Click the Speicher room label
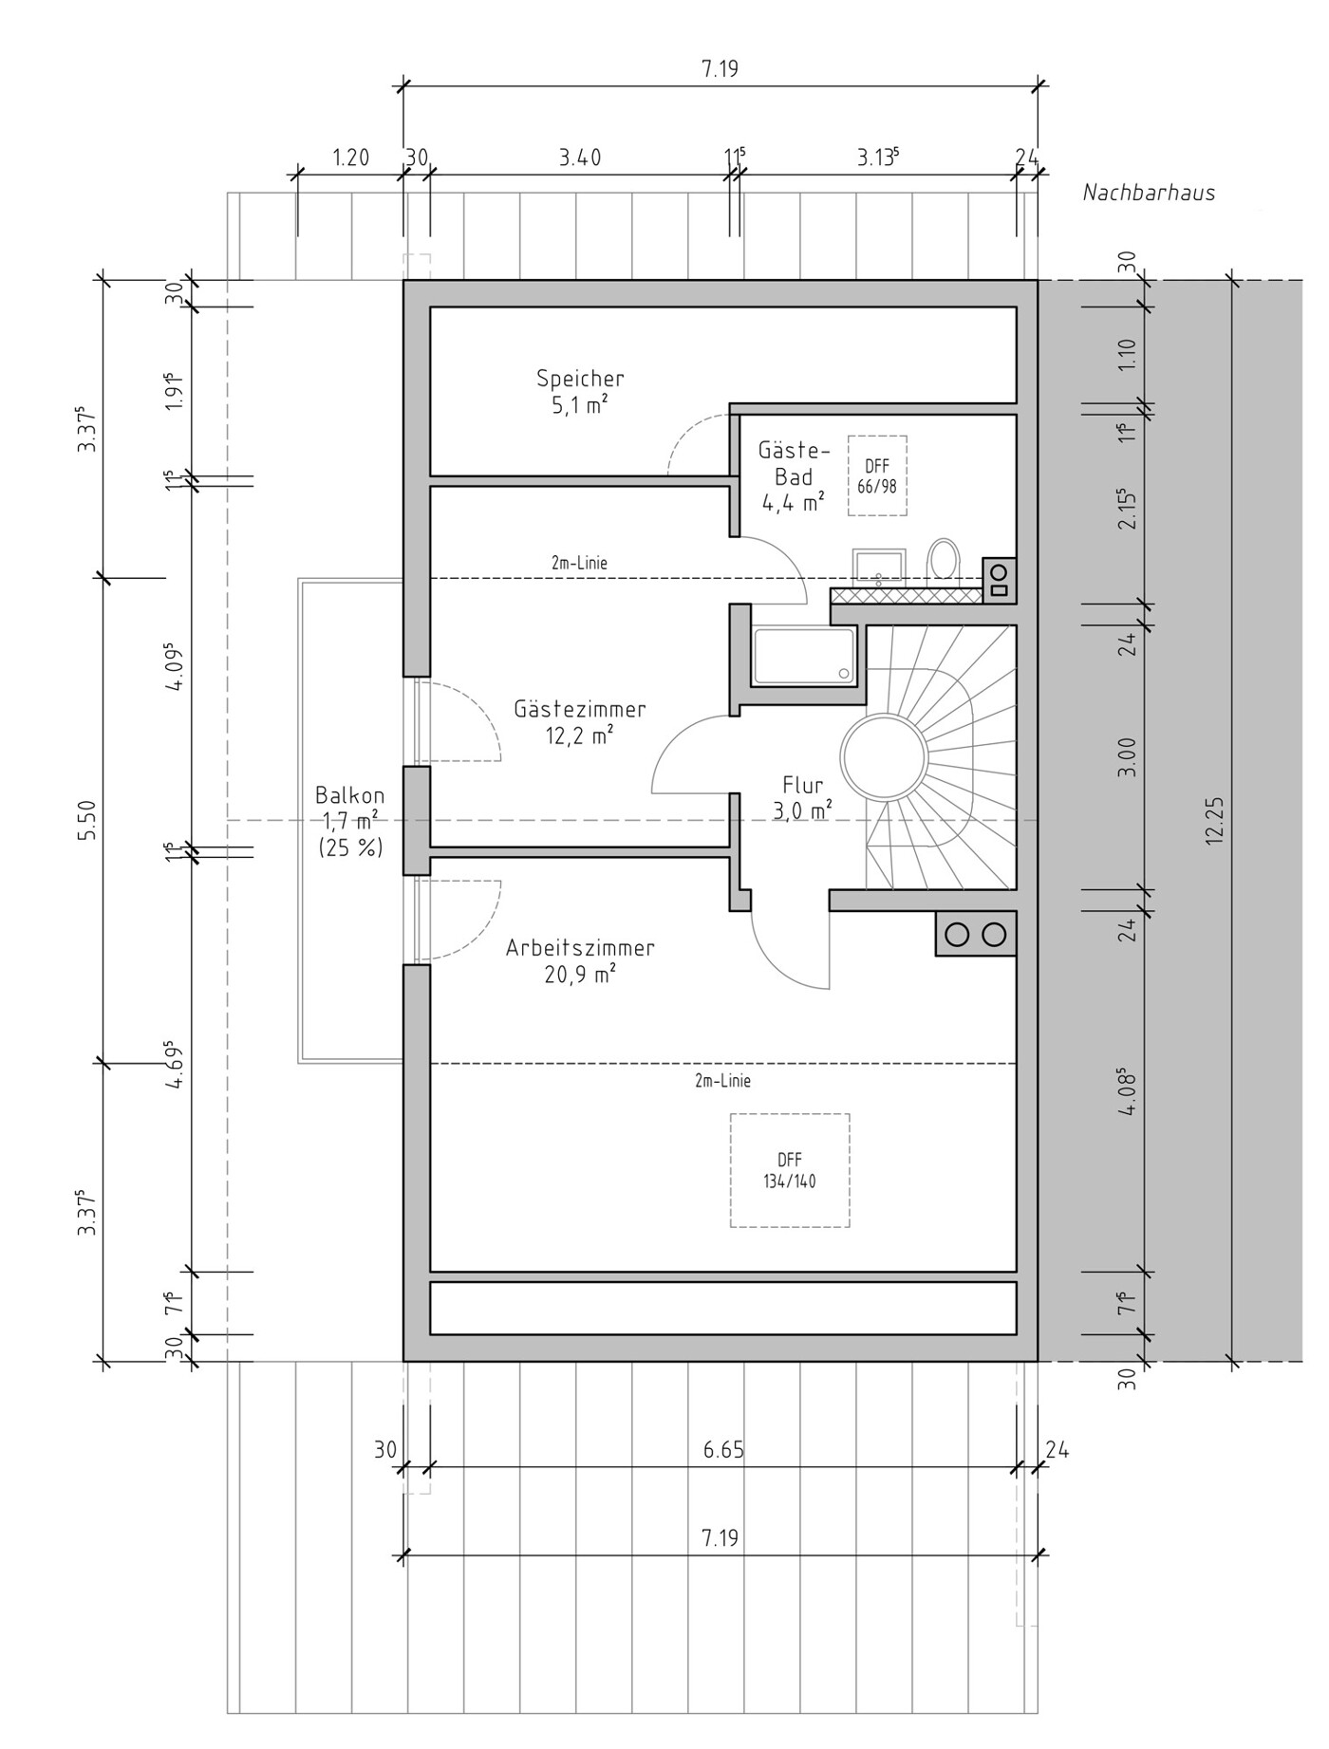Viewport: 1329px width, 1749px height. pyautogui.click(x=580, y=379)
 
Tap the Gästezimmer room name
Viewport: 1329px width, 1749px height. pyautogui.click(x=580, y=709)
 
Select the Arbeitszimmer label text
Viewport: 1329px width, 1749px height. pyautogui.click(x=580, y=948)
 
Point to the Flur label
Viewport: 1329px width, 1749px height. pyautogui.click(x=803, y=786)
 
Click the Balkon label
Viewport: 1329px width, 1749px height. pyautogui.click(x=350, y=795)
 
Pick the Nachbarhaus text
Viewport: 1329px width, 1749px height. pyautogui.click(x=1150, y=193)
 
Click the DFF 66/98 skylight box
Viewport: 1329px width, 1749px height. pyautogui.click(x=877, y=476)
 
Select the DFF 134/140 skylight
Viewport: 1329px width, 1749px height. pyautogui.click(x=790, y=1171)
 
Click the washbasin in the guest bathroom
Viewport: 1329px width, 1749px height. pyautogui.click(x=879, y=565)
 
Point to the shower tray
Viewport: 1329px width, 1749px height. pyautogui.click(x=803, y=656)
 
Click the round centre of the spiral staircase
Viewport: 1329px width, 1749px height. pyautogui.click(x=884, y=756)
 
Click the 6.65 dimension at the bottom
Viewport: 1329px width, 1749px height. pyautogui.click(x=723, y=1450)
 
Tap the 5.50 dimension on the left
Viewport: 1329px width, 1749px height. pyautogui.click(x=87, y=820)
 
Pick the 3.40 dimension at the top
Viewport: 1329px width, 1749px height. pyautogui.click(x=580, y=158)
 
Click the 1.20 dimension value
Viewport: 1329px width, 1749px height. pyautogui.click(x=350, y=158)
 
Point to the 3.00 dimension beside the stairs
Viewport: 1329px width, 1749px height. pyautogui.click(x=1127, y=757)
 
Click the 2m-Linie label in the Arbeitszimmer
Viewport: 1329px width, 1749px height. pyautogui.click(x=723, y=1081)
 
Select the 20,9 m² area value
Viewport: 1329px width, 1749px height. pyautogui.click(x=580, y=974)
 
